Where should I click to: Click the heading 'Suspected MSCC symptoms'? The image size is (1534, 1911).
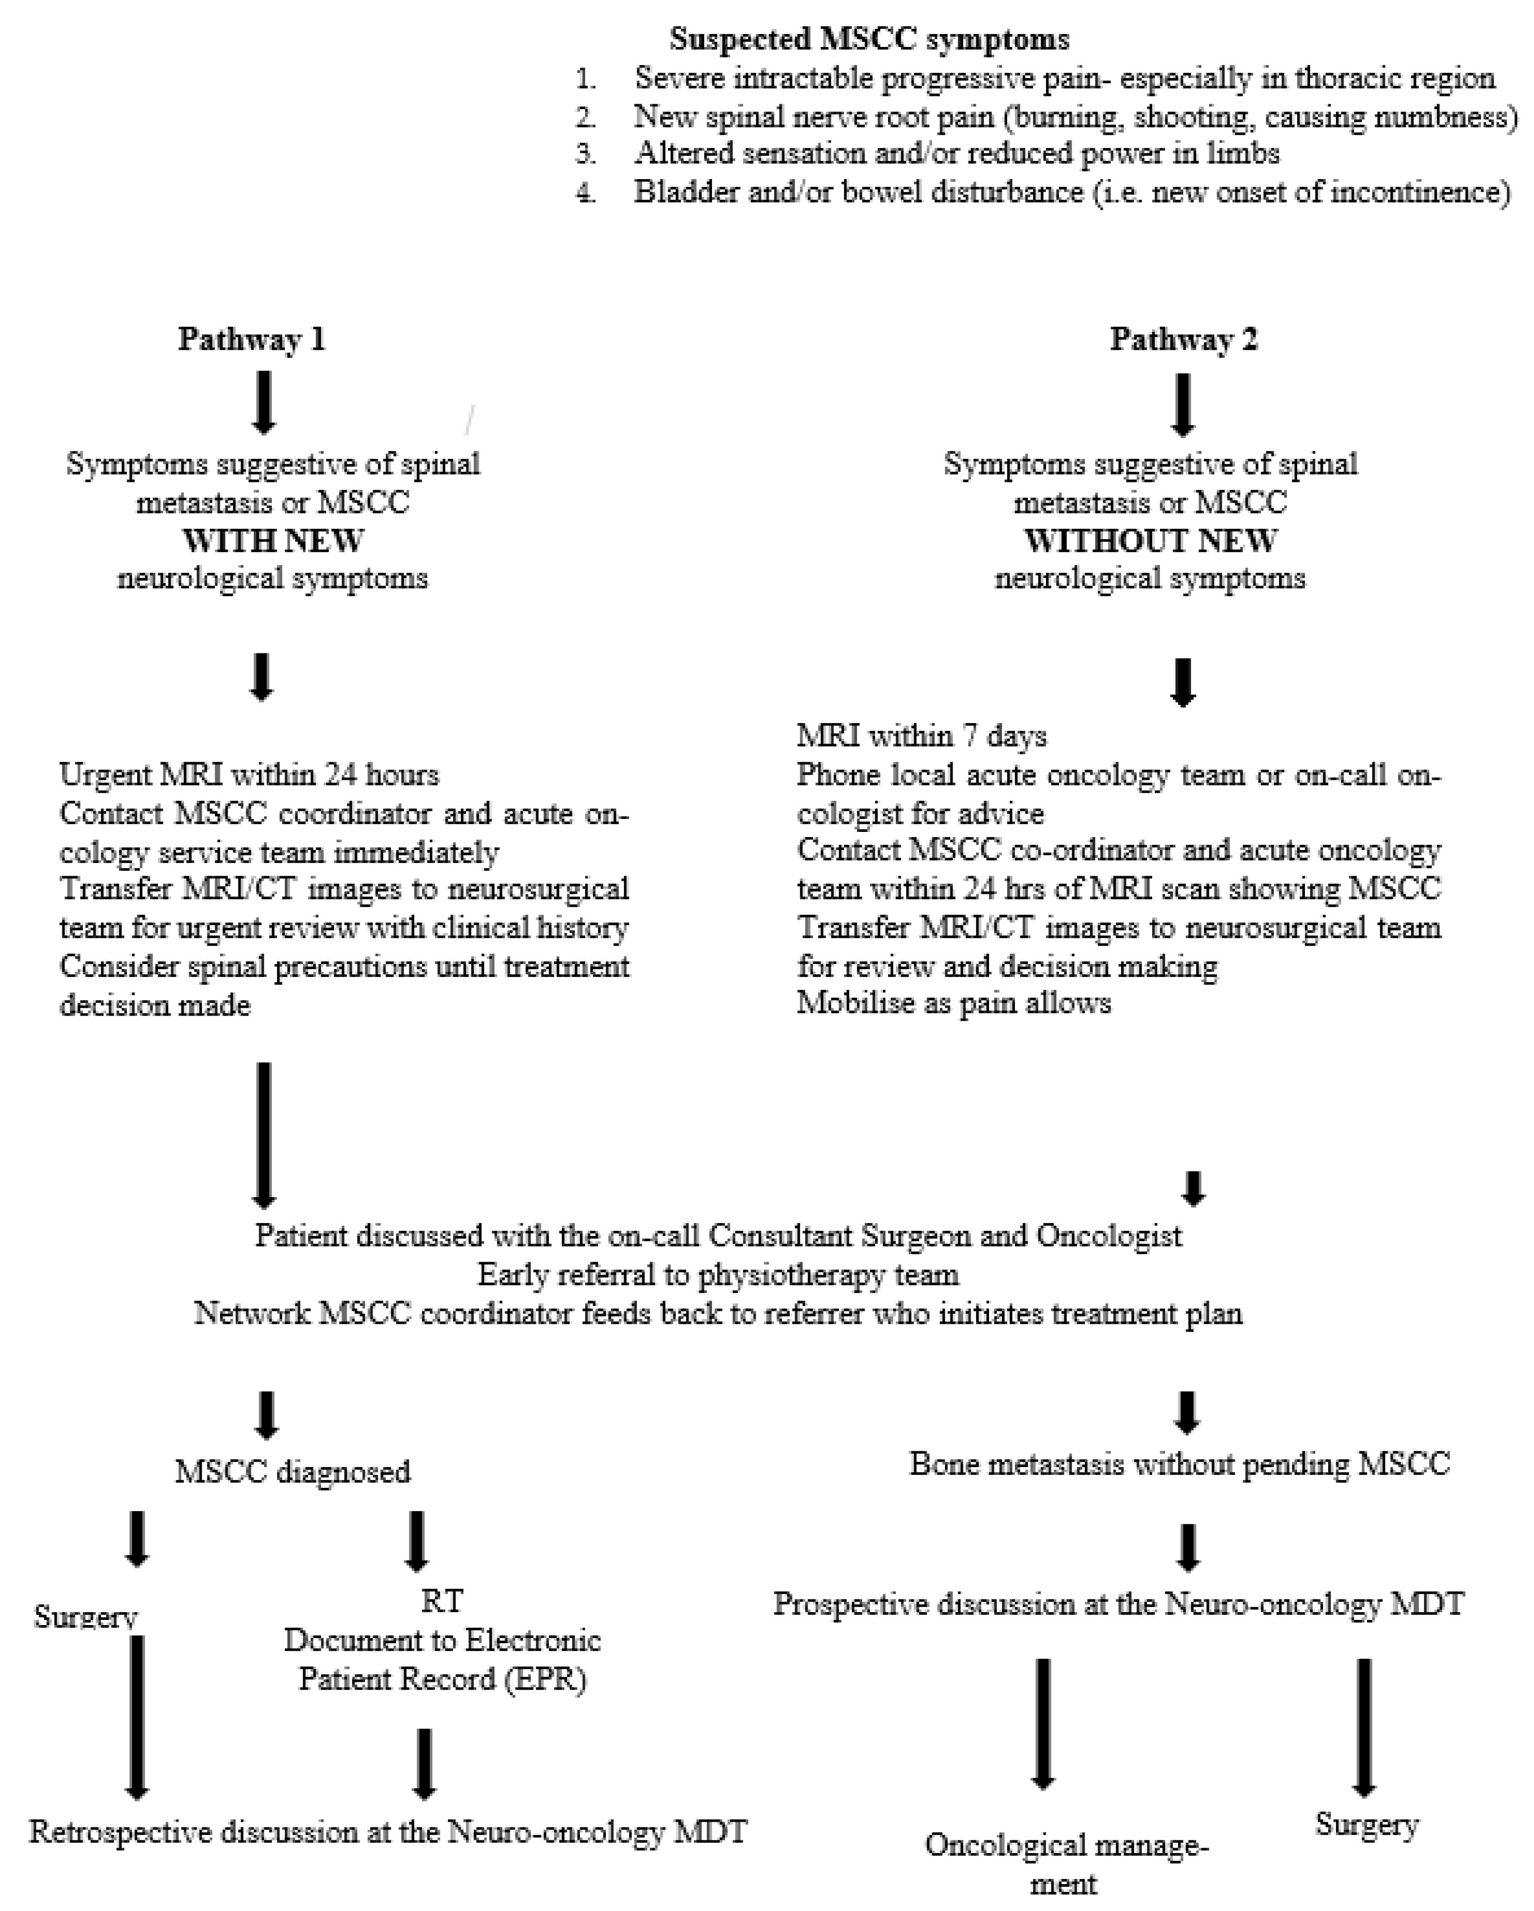(x=868, y=39)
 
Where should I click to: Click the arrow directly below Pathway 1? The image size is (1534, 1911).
(x=263, y=403)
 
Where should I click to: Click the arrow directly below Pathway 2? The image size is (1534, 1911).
(x=1183, y=405)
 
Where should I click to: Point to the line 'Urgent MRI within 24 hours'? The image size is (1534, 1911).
(x=249, y=775)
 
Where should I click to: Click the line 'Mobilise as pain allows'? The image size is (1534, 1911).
(x=954, y=1003)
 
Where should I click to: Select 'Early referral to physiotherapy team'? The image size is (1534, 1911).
(x=718, y=1275)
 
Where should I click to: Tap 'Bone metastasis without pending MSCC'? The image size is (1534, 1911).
(x=1178, y=1464)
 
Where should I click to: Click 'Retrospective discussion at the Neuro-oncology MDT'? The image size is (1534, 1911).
(x=388, y=1832)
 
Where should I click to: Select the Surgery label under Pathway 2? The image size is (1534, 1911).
(x=1366, y=1825)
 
